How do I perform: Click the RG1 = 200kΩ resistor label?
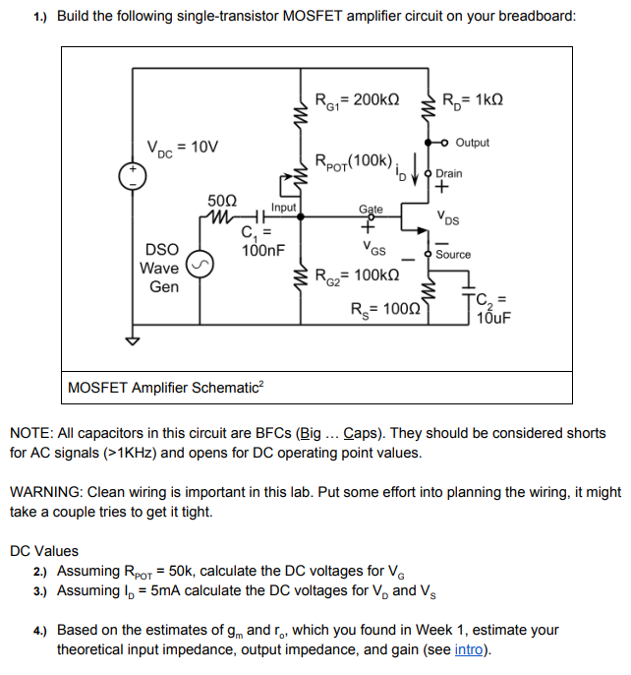tap(356, 98)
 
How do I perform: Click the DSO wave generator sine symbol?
tap(201, 267)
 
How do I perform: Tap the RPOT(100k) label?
tap(354, 160)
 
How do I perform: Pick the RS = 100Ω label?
tap(386, 307)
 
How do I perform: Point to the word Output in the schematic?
tap(473, 143)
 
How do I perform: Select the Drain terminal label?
tap(449, 173)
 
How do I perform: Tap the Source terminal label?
tap(453, 255)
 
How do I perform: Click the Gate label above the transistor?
tap(371, 210)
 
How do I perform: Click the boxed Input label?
tap(284, 208)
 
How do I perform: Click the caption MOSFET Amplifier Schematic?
tap(162, 388)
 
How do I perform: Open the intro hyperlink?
tap(468, 649)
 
